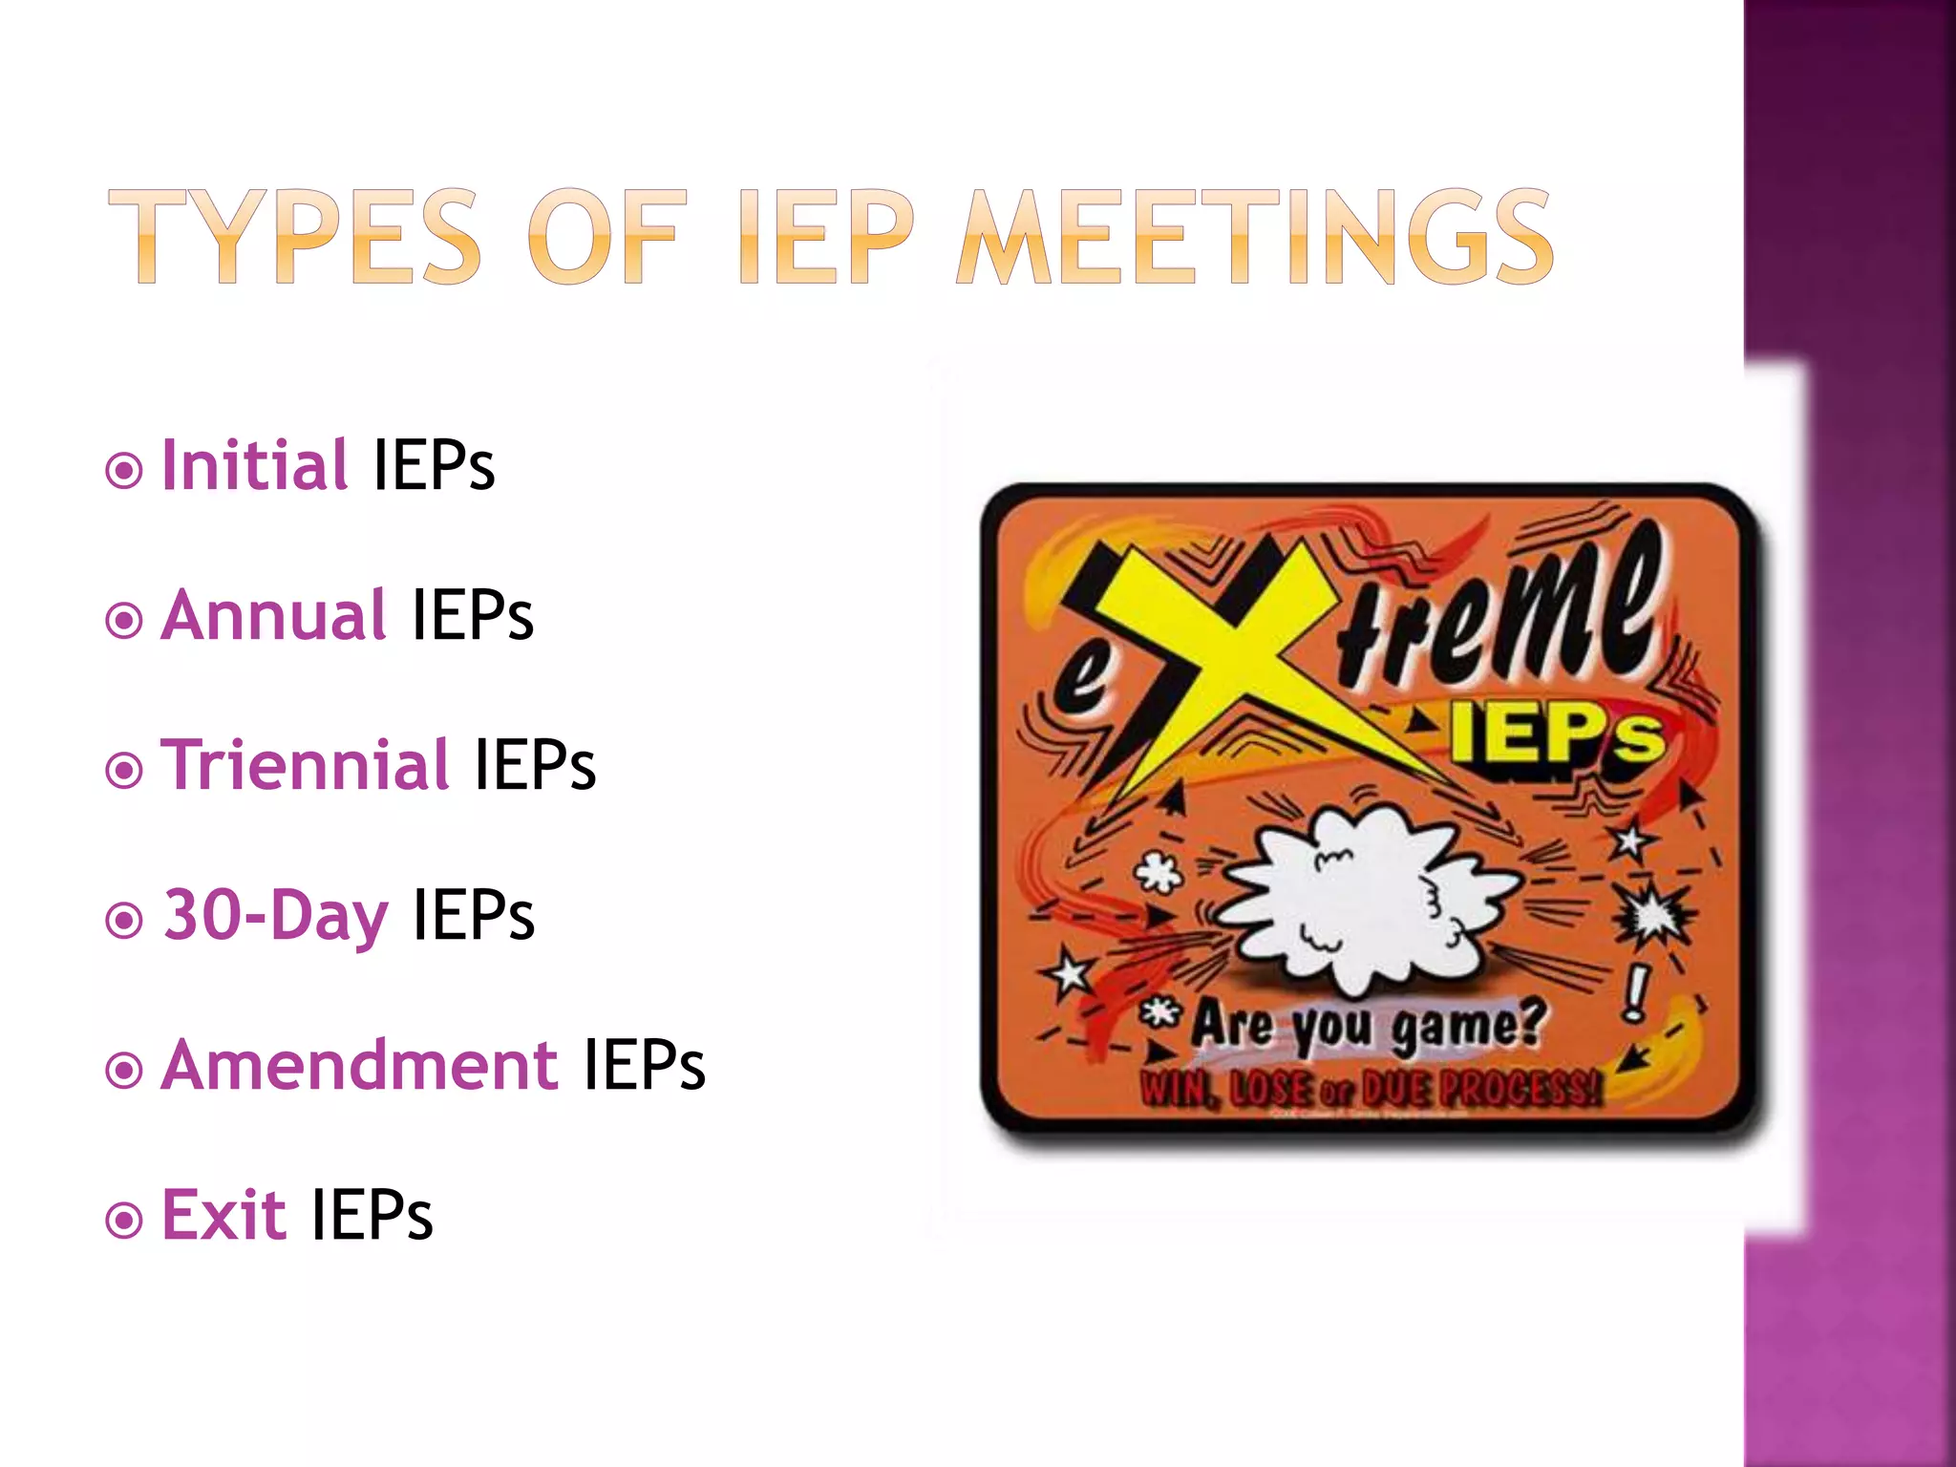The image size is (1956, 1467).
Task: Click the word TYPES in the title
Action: tap(295, 237)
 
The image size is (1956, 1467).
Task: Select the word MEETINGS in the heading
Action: tap(1255, 237)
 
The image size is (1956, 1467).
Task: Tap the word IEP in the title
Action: tap(825, 237)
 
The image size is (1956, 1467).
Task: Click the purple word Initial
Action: tap(254, 465)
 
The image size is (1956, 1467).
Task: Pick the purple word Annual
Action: tap(273, 615)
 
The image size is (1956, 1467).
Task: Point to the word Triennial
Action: tap(304, 765)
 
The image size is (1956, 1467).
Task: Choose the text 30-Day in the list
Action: tap(275, 915)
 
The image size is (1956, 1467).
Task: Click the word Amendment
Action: tap(359, 1065)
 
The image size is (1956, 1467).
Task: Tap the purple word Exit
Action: tap(223, 1215)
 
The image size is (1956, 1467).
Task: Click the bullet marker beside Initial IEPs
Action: tap(124, 470)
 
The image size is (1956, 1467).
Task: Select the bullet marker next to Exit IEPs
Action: tap(124, 1220)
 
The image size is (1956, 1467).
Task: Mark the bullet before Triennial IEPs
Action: tap(124, 770)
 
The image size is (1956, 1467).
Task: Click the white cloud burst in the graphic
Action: tap(1366, 898)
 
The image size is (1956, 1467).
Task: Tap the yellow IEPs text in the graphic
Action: tap(1557, 735)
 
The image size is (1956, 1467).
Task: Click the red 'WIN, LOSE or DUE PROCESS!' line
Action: tap(1371, 1089)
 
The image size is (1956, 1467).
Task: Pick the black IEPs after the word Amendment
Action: tap(644, 1065)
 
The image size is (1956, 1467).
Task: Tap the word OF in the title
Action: tap(607, 237)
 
